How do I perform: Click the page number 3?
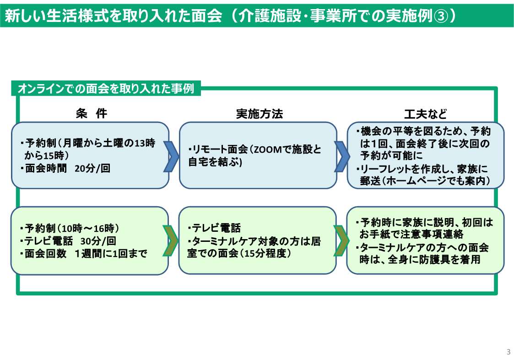click(x=508, y=352)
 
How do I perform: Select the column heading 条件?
click(x=91, y=114)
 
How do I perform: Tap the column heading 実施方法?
click(x=259, y=114)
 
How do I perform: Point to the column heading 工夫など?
click(x=425, y=114)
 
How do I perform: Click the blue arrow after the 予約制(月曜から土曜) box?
click(x=171, y=155)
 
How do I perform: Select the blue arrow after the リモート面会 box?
click(x=341, y=155)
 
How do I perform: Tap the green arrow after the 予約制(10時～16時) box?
click(x=171, y=240)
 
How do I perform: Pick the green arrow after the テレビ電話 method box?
click(x=341, y=240)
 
